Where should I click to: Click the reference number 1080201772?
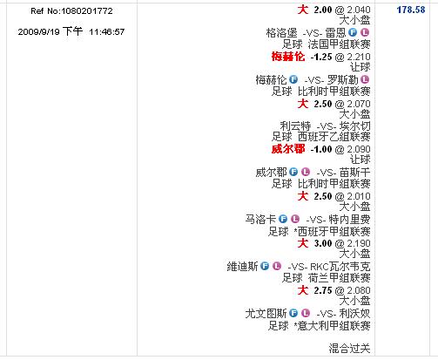click(x=87, y=11)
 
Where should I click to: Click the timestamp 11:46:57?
click(x=107, y=31)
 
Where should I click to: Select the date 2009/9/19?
click(x=38, y=31)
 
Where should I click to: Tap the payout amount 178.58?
click(x=411, y=10)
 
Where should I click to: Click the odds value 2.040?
click(x=359, y=10)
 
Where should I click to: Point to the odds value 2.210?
click(x=359, y=57)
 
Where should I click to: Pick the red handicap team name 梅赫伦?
click(x=288, y=57)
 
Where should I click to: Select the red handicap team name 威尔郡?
click(x=288, y=149)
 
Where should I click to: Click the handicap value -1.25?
click(x=321, y=57)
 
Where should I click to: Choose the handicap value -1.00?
click(x=321, y=149)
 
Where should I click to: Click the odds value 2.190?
click(x=359, y=243)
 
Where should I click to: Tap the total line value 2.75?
click(x=323, y=290)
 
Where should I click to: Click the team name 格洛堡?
click(x=281, y=32)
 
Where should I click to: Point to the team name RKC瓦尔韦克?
click(x=340, y=267)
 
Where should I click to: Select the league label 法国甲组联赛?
click(x=339, y=44)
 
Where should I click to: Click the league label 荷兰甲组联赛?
click(x=339, y=278)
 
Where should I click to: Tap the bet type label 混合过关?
click(x=349, y=348)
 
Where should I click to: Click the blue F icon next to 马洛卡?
click(x=283, y=219)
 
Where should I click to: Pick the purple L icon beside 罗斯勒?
click(x=365, y=79)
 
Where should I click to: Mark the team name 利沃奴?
click(x=354, y=314)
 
